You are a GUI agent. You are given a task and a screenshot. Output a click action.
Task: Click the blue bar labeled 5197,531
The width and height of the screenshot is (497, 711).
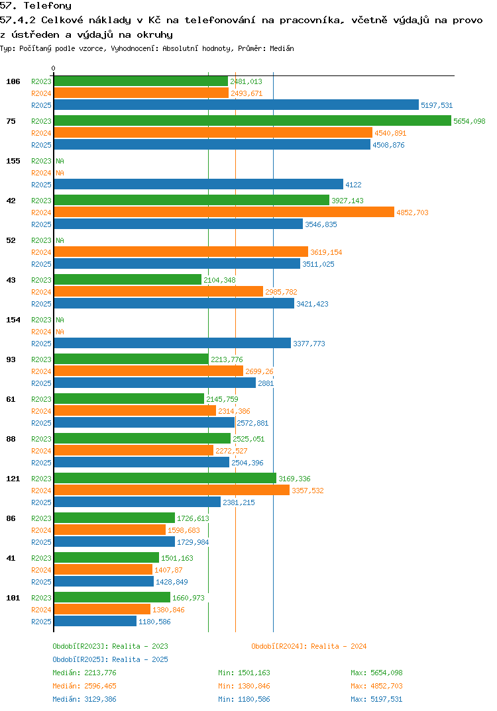[236, 105]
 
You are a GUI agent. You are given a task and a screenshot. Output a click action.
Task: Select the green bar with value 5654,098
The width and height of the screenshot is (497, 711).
[252, 120]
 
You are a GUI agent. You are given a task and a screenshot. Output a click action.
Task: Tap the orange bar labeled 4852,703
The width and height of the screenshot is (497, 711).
[224, 212]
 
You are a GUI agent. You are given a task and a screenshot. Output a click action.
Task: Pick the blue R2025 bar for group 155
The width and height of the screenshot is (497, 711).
[198, 184]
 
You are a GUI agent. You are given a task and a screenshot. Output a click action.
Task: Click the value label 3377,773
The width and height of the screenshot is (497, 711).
[309, 344]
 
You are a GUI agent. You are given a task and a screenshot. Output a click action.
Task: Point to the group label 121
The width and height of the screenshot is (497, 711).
[13, 479]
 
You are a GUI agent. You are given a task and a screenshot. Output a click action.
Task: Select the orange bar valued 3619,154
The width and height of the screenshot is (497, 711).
[181, 252]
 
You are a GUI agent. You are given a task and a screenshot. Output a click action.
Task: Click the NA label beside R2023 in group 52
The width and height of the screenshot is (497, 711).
[60, 240]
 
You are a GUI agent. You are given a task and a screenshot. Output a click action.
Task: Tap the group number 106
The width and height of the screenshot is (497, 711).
[13, 81]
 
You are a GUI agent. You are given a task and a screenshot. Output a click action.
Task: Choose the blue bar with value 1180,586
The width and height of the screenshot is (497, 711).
[95, 621]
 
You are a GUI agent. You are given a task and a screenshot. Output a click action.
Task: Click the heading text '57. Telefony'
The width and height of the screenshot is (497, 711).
[35, 6]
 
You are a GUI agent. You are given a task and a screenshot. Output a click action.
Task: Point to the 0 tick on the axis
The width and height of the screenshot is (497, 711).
[54, 69]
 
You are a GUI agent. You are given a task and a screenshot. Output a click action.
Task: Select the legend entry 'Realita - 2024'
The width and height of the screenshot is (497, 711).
[309, 646]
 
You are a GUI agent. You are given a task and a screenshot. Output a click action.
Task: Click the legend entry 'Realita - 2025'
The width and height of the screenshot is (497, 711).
[110, 659]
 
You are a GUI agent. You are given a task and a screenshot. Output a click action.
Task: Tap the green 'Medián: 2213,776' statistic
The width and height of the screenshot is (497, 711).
[84, 673]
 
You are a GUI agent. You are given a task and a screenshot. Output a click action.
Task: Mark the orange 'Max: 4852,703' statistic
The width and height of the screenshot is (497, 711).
[376, 686]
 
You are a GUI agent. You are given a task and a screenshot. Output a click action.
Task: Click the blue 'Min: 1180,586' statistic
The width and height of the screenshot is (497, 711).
[244, 699]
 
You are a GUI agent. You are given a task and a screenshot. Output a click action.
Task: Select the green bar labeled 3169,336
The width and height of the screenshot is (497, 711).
[165, 478]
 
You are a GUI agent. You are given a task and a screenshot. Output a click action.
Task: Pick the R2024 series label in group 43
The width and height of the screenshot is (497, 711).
[41, 292]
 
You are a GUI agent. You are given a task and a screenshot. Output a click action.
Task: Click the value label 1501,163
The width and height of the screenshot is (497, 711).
[177, 558]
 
